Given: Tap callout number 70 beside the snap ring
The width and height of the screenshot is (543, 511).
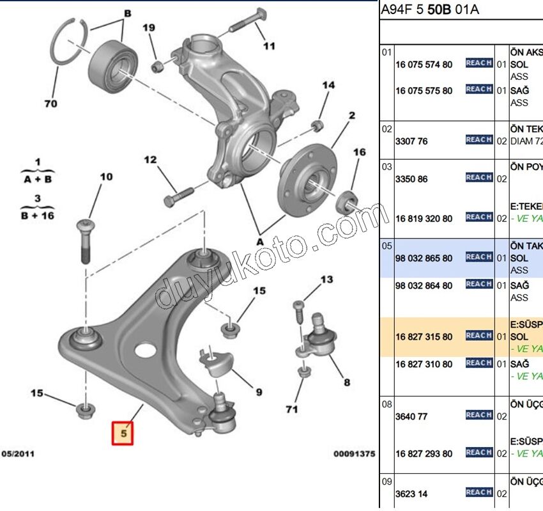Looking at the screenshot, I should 50,103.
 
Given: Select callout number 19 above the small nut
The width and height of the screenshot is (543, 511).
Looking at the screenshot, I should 148,28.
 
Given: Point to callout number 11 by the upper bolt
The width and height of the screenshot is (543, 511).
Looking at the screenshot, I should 269,45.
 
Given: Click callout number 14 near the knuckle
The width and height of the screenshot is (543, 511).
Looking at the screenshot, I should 328,85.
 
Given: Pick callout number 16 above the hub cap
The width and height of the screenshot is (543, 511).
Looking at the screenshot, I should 360,152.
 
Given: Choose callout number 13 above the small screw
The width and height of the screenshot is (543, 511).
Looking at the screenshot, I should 326,279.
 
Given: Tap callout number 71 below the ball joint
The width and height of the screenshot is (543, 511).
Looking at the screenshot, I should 292,409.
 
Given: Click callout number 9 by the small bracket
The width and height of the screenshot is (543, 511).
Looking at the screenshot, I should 259,391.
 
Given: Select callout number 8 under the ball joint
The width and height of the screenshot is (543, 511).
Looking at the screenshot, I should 347,382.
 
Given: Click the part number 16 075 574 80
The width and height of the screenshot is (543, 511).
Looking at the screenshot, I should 424,65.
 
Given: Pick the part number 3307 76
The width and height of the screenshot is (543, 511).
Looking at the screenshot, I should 411,141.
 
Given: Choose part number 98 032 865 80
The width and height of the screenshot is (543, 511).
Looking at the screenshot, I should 424,258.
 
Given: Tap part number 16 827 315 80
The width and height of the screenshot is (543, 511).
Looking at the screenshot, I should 424,336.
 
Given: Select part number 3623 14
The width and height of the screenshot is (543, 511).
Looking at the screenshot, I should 411,494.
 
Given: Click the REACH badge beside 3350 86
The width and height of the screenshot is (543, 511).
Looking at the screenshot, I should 478,177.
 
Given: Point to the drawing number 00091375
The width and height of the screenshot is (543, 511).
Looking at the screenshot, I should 354,453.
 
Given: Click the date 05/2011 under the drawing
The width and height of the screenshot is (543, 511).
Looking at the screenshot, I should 18,453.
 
